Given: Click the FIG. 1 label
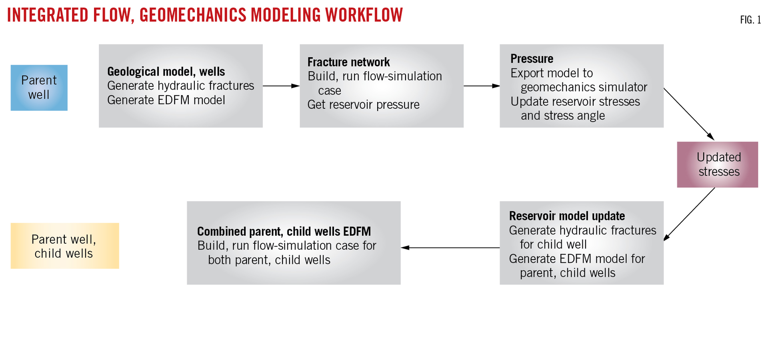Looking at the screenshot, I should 750,20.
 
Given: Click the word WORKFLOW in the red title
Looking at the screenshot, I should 364,15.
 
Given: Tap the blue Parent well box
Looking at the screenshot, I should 39,88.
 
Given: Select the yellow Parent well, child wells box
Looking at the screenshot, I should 64,246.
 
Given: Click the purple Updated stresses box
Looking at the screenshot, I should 717,164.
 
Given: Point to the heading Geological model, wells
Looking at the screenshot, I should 166,72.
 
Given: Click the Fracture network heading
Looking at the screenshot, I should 348,62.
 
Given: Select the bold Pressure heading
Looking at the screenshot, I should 532,59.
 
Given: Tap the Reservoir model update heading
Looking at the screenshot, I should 566,216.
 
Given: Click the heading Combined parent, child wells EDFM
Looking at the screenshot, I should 284,231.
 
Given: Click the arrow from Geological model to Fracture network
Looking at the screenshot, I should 281,86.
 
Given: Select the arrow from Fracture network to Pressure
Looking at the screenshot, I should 481,86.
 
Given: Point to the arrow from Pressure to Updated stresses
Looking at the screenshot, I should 688,114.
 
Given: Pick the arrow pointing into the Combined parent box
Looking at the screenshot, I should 450,248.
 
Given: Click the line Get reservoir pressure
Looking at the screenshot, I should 363,105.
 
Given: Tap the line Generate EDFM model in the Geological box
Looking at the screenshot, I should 166,100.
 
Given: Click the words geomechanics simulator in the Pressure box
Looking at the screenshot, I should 584,87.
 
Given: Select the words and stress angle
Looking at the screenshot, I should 562,116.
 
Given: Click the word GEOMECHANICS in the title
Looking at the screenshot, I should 193,15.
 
